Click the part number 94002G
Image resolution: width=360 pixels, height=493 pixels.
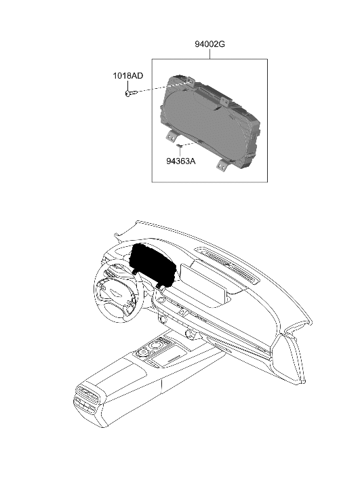pos(209,44)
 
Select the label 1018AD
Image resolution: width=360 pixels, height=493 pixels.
pos(127,77)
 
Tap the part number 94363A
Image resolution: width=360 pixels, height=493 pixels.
pos(180,161)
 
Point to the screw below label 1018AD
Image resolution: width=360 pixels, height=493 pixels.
pos(130,94)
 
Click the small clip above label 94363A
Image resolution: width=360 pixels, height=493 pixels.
pos(179,146)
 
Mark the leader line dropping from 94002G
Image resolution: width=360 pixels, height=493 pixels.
pos(209,54)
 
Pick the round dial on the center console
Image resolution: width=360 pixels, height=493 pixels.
pos(154,347)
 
